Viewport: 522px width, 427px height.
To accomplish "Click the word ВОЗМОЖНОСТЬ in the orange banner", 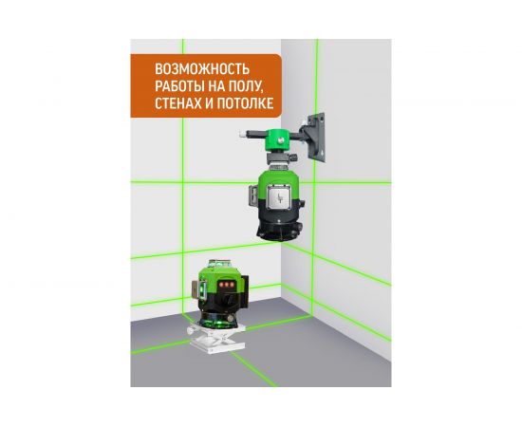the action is pyautogui.click(x=202, y=69).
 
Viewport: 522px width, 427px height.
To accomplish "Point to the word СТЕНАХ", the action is pyautogui.click(x=178, y=103).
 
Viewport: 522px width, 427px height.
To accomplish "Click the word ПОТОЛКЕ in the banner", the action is pyautogui.click(x=245, y=103).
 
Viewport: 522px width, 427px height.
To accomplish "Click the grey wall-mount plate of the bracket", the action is pyautogui.click(x=317, y=138).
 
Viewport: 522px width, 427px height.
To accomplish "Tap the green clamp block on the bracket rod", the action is pyautogui.click(x=279, y=139).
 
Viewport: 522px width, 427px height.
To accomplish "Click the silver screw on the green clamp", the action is pyautogui.click(x=281, y=140).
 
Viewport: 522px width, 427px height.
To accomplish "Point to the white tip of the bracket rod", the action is pyautogui.click(x=242, y=134).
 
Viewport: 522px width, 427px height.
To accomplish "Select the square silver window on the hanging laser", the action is pyautogui.click(x=279, y=196).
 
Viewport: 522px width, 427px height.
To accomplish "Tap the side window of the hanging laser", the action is pyautogui.click(x=253, y=197).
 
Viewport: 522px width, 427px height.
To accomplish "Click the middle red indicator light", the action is pyautogui.click(x=226, y=285).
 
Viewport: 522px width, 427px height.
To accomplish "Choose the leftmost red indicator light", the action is pyautogui.click(x=220, y=285).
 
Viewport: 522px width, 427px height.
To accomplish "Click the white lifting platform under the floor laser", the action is pyautogui.click(x=216, y=339).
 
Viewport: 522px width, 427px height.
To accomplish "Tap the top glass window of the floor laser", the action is pyautogui.click(x=219, y=265).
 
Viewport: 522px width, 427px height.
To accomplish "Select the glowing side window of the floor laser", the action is pyautogui.click(x=201, y=289).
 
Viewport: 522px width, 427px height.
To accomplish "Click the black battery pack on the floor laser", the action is pyautogui.click(x=244, y=290).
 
